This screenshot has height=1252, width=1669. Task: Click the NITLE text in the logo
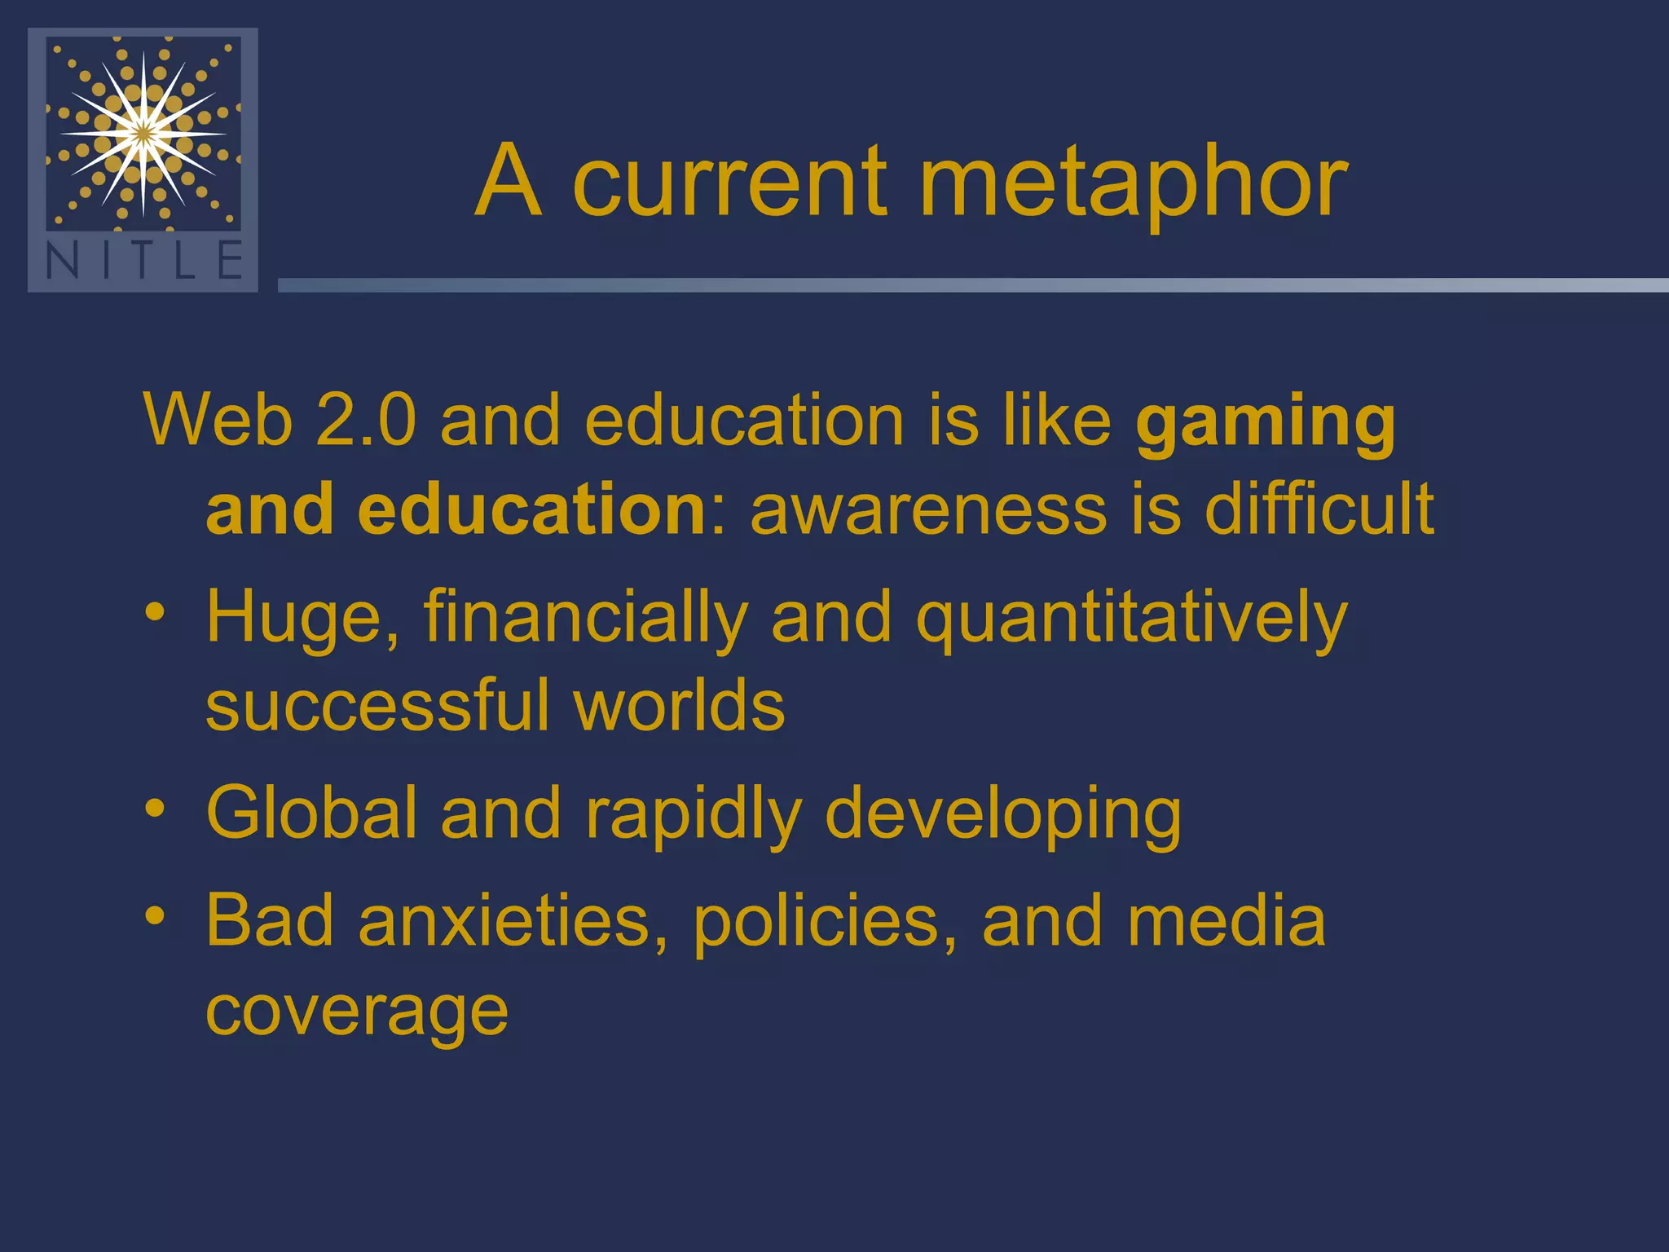click(x=143, y=262)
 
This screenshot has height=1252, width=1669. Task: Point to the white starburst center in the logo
click(x=143, y=133)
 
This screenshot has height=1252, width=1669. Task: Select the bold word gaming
click(x=1265, y=422)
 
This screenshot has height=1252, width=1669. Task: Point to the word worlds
click(x=679, y=706)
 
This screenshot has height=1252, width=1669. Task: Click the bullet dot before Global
click(x=155, y=808)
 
